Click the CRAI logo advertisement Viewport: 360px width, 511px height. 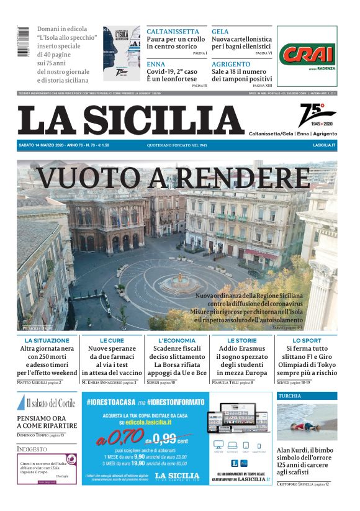pos(307,55)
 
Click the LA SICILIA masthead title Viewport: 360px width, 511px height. pos(130,120)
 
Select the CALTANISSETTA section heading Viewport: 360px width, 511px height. pos(173,32)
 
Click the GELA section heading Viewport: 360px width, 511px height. pos(220,32)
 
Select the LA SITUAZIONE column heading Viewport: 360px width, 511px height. pos(47,341)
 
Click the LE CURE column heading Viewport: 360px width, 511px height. pos(112,341)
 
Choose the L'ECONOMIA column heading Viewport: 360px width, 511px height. pos(177,341)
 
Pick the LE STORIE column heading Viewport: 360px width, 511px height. pos(242,341)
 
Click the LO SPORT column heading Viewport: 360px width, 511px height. pos(307,341)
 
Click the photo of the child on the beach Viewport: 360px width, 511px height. pos(307,422)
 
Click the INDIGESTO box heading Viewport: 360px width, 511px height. pos(32,448)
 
